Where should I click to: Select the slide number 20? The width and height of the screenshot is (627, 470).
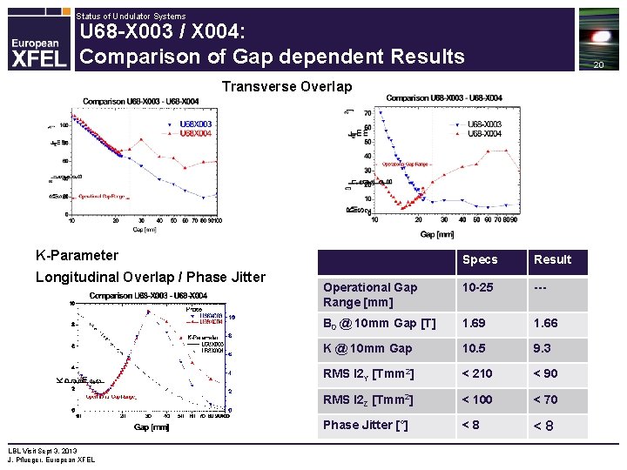point(597,66)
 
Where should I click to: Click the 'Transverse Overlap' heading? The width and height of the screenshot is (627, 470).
point(287,86)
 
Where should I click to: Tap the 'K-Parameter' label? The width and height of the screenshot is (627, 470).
point(77,255)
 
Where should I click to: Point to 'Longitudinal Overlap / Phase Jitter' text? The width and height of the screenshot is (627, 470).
point(150,277)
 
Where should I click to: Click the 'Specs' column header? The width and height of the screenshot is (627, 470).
point(480,259)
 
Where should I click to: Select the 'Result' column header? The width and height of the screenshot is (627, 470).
point(552,259)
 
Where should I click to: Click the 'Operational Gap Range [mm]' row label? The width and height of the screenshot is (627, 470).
point(370,294)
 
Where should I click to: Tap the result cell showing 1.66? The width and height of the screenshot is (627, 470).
point(546,323)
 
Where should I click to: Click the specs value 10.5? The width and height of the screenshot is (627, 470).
point(475,348)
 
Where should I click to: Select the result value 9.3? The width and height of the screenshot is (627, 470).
point(543,348)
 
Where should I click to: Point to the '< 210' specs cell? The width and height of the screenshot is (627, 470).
point(478,373)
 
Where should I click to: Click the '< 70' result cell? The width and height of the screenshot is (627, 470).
point(546,399)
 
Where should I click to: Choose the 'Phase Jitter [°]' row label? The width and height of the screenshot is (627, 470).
point(366,425)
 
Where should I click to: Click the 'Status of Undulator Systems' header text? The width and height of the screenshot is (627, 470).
point(131,16)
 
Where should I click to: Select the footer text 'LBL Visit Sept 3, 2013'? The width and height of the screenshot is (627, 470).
point(43,451)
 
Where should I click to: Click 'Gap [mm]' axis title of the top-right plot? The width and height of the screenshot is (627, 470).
point(437,234)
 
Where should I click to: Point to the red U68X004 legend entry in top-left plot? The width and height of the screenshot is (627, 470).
point(195,133)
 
